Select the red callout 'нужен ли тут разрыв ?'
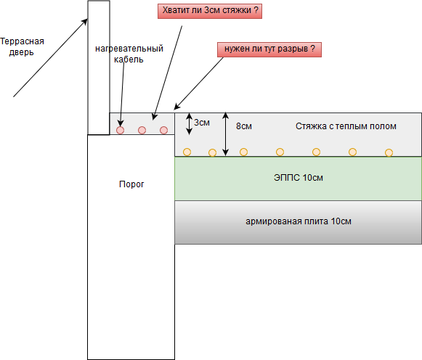(x=269, y=49)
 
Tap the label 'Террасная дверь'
(x=23, y=47)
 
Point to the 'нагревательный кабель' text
(x=129, y=54)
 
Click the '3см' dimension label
(x=202, y=123)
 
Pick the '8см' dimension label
(x=244, y=126)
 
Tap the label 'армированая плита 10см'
(x=299, y=221)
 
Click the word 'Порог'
(x=131, y=184)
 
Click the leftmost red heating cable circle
(x=121, y=130)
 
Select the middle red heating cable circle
(x=142, y=130)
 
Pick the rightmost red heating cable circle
(x=164, y=130)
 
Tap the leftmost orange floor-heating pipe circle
(x=187, y=152)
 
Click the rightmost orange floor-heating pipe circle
(x=389, y=152)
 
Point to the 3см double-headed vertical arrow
(x=190, y=123)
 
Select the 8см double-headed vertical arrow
(x=227, y=134)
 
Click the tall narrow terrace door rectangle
(x=99, y=67)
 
